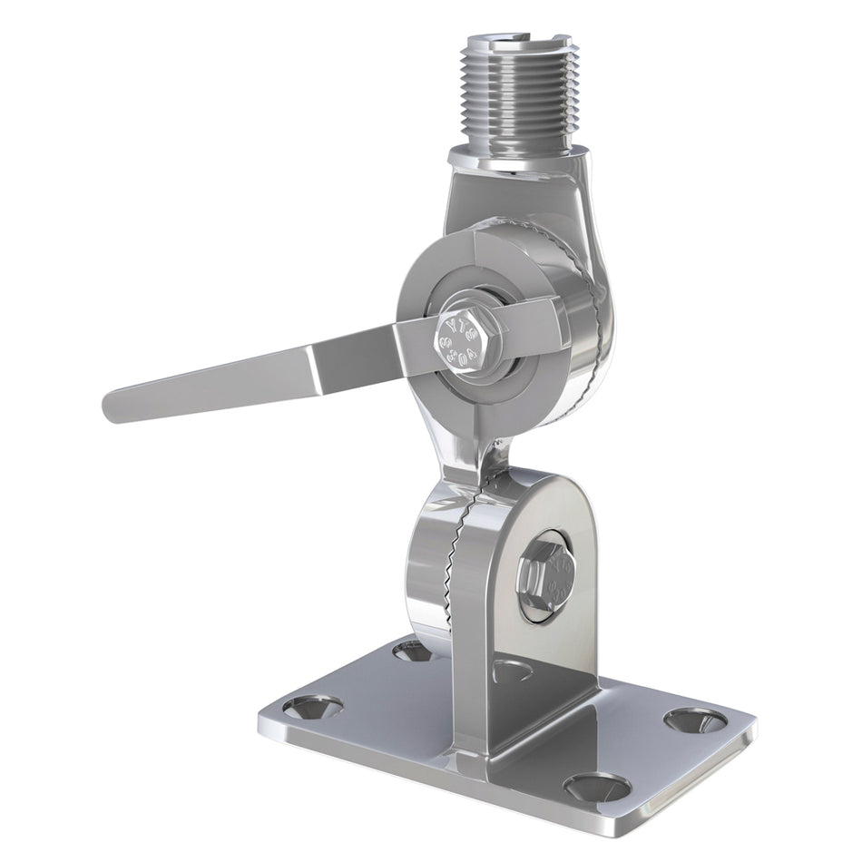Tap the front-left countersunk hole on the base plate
pyautogui.click(x=313, y=706)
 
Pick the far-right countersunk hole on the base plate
pyautogui.click(x=696, y=720)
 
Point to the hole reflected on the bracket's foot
pyautogui.click(x=513, y=670)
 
